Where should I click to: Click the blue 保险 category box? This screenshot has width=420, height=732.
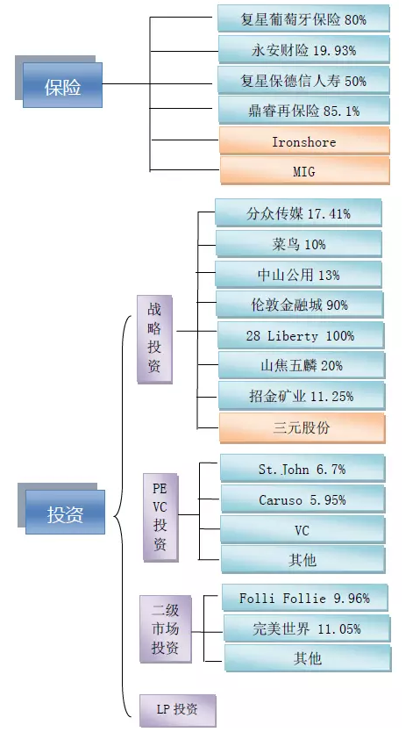coord(62,85)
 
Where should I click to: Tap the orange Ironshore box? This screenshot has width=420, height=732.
coord(304,140)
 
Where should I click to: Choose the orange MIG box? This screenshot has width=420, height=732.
coord(305,170)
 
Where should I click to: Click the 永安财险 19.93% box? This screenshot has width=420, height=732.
coord(304,49)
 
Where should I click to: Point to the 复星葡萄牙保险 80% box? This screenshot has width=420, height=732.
coord(303,18)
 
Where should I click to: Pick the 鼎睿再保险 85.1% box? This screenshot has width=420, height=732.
coord(304,111)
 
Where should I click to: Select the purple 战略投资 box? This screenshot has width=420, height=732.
coord(155,340)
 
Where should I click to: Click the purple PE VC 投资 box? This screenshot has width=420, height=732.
coord(160,517)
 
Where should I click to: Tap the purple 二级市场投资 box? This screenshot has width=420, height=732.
coord(166,628)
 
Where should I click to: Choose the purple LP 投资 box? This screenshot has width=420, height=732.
coord(178,710)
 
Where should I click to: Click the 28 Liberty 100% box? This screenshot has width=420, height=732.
coord(301,335)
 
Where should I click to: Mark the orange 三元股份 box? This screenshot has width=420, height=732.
coord(302,427)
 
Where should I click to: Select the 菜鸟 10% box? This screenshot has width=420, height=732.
coord(299,244)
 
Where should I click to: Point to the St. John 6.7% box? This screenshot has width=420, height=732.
coord(303,468)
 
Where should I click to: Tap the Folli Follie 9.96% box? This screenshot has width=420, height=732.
coord(305,598)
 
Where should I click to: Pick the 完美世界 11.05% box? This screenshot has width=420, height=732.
coord(307,628)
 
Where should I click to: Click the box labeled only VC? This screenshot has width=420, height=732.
coord(303,529)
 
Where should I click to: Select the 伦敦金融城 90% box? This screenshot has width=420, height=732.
coord(300,305)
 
